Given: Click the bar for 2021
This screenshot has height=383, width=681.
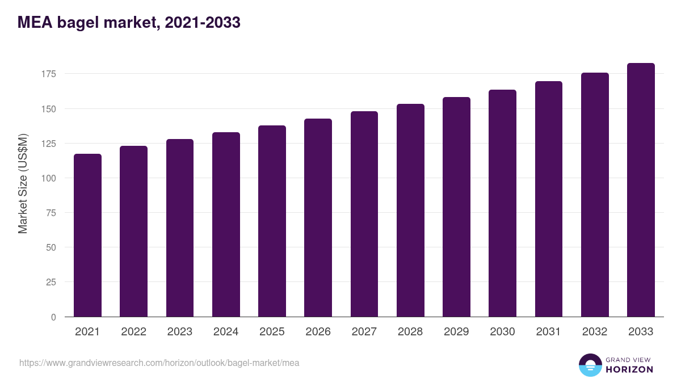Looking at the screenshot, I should click(87, 235).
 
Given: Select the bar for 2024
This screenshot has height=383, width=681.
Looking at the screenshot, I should click(226, 225).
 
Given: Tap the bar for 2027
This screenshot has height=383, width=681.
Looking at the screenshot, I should click(364, 214).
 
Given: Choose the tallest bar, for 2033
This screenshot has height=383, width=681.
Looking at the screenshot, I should click(641, 190).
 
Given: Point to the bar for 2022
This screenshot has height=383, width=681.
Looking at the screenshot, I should click(133, 232).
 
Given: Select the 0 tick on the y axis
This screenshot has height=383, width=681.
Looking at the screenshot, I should click(53, 317).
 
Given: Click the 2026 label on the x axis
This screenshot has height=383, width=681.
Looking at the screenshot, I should click(318, 332).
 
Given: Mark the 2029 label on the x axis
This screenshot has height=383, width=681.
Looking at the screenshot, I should click(456, 332).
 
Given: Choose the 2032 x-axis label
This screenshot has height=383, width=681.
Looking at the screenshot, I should click(595, 332).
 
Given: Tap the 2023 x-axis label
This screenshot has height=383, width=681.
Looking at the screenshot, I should click(179, 332).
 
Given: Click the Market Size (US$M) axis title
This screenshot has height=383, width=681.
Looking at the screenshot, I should click(23, 183).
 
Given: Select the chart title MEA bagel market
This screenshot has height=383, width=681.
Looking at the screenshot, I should click(129, 23).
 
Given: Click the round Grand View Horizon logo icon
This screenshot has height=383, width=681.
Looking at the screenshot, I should click(590, 365).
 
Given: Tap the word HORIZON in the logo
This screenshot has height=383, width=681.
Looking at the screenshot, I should click(629, 369).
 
